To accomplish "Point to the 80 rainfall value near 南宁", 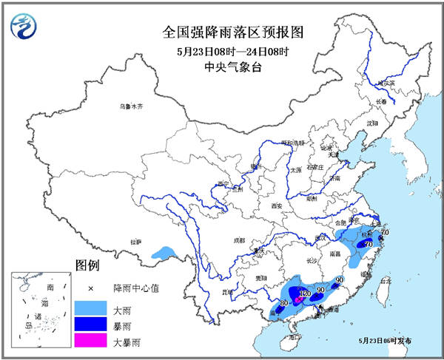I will pyautogui.click(x=283, y=303).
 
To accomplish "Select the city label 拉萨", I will pyautogui.click(x=135, y=242).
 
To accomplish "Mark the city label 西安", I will pyautogui.click(x=277, y=206).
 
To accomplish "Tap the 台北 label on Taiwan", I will pyautogui.click(x=384, y=282).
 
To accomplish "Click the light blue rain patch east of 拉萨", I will pyautogui.click(x=164, y=253).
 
